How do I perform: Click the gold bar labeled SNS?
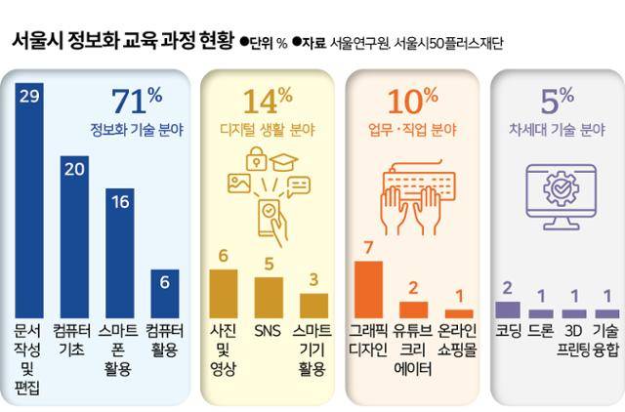click(269, 294)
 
